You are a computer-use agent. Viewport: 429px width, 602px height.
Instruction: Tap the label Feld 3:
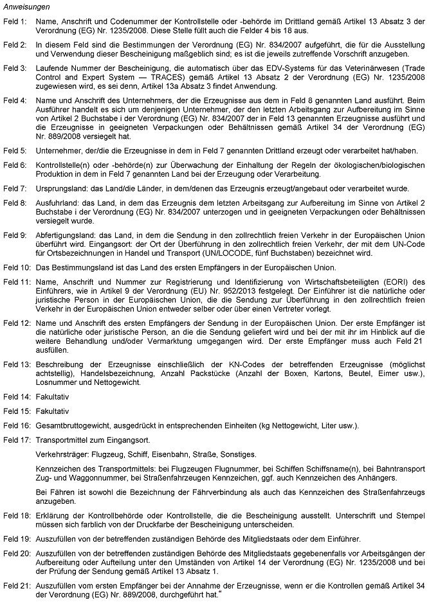15,67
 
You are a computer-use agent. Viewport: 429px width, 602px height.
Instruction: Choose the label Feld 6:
15,166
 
